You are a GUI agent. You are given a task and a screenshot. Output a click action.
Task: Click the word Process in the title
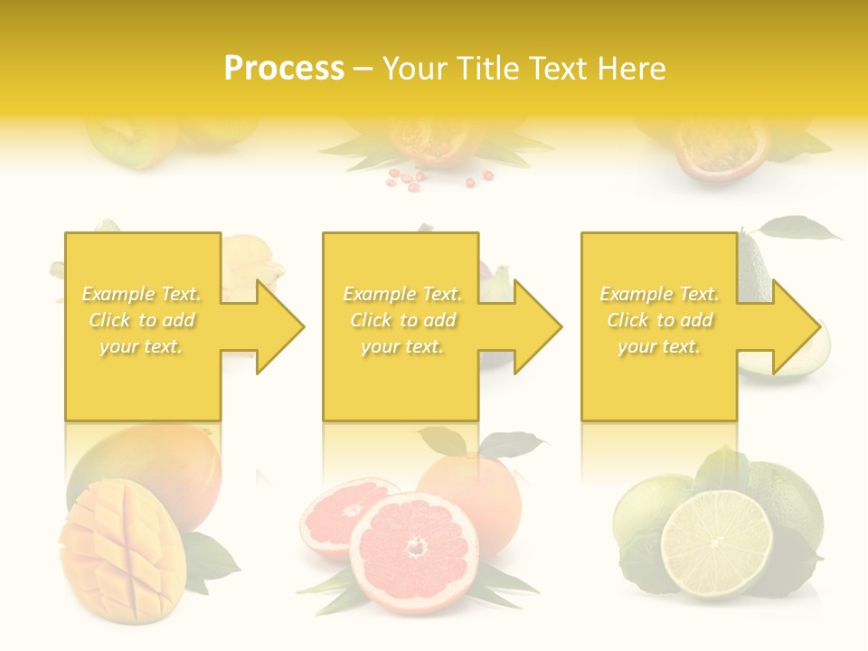(x=284, y=69)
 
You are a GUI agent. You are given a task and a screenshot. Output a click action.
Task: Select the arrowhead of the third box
(x=795, y=326)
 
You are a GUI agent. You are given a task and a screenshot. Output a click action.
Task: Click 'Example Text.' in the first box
(x=142, y=294)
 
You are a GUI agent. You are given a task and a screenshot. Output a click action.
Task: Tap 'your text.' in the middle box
(x=401, y=346)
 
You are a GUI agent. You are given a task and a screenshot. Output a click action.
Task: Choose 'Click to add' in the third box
(x=659, y=320)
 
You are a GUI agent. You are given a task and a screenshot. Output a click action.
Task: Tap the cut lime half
(x=716, y=543)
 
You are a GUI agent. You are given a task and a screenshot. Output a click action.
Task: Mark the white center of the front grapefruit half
(x=416, y=546)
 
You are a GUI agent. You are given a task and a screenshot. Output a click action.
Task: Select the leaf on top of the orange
(x=515, y=444)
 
